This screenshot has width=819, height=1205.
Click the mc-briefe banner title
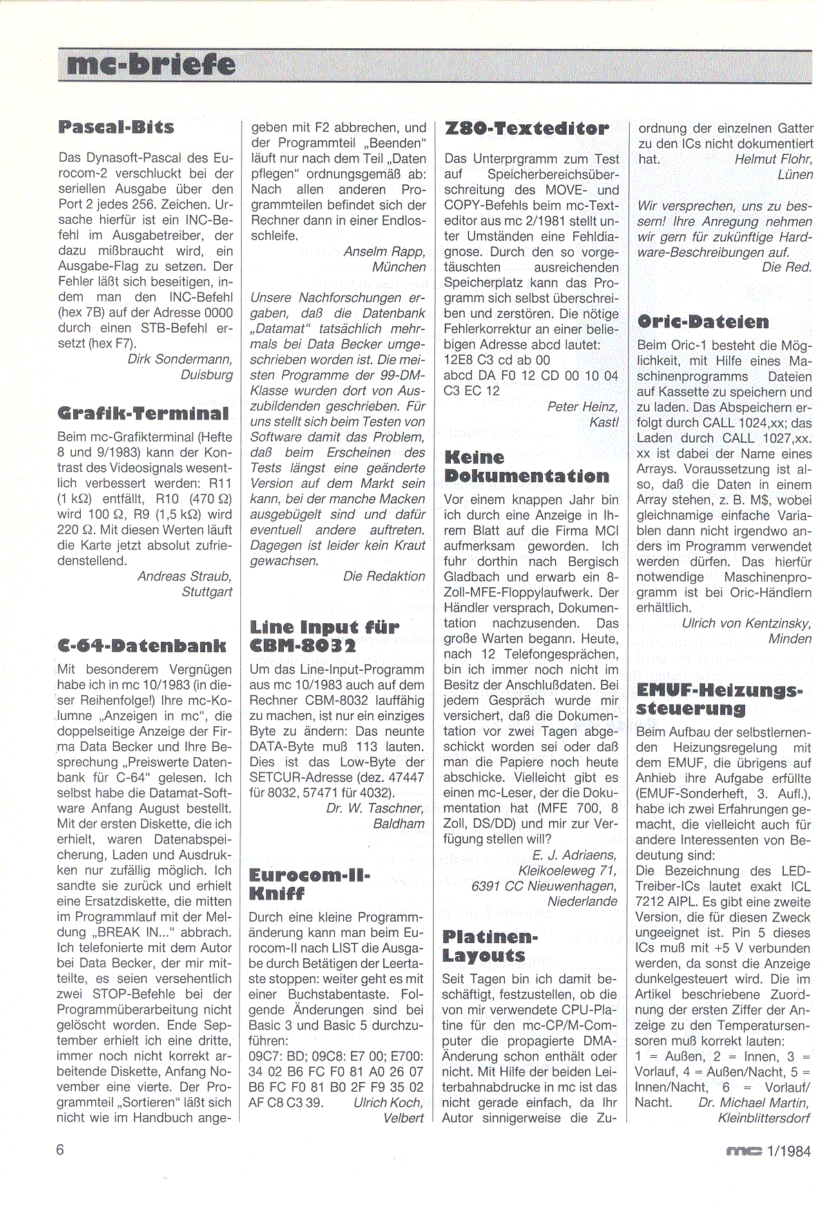151,66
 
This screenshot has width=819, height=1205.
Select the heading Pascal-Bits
116,127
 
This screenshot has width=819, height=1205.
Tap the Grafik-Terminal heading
143,414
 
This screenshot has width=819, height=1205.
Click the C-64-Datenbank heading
142,646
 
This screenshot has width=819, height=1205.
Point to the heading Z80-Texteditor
527,129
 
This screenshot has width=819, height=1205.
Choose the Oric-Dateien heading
703,322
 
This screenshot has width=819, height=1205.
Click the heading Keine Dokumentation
527,467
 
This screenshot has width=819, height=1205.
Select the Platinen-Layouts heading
490,947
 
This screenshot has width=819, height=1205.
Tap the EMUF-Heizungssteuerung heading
719,699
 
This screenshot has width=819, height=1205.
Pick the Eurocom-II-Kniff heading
309,884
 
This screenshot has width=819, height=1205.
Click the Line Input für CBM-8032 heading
324,636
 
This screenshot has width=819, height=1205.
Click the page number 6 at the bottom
61,1149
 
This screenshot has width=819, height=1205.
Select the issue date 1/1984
789,1151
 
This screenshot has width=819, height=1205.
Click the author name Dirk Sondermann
180,359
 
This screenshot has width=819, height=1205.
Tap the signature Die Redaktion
384,576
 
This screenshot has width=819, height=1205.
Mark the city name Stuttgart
206,591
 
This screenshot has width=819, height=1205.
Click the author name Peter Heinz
582,406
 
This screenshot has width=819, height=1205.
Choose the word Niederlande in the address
582,902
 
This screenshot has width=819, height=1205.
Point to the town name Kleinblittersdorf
764,1118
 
